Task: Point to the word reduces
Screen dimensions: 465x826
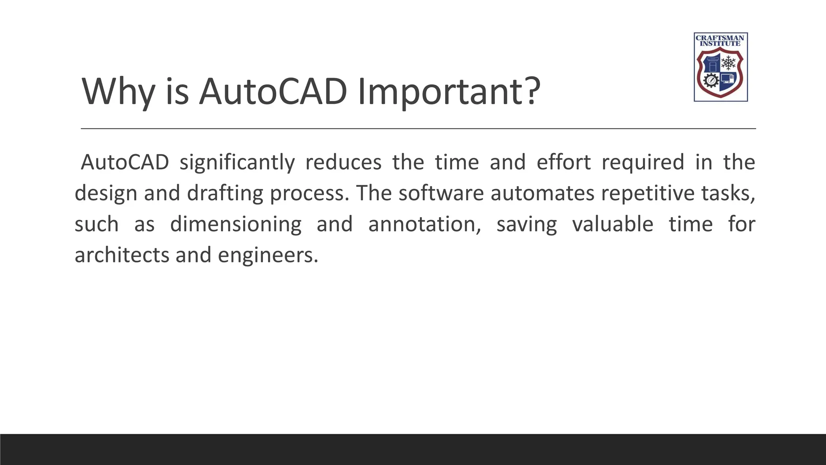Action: tap(343, 162)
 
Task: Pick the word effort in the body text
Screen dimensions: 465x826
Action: tap(563, 162)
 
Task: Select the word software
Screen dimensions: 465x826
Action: tap(441, 193)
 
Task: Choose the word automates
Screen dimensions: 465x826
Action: tap(542, 193)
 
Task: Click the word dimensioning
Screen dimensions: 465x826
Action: tap(236, 224)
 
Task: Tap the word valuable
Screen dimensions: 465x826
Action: tap(613, 224)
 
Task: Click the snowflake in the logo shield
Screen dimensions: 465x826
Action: tap(728, 63)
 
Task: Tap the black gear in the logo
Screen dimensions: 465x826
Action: tap(711, 80)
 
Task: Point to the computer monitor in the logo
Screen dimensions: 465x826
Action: tap(727, 78)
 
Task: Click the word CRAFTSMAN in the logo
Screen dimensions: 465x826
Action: tap(720, 38)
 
